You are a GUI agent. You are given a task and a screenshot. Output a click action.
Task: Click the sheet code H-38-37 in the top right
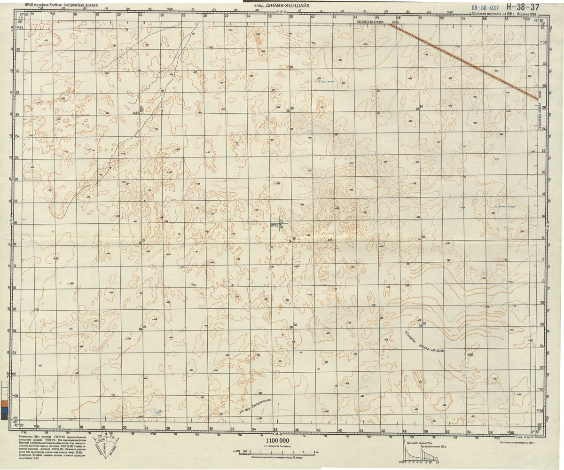[x=523, y=7]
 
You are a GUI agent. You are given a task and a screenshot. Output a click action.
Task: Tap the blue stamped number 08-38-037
[x=485, y=8]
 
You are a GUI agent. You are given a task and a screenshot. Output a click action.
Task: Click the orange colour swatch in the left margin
[x=4, y=403]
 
